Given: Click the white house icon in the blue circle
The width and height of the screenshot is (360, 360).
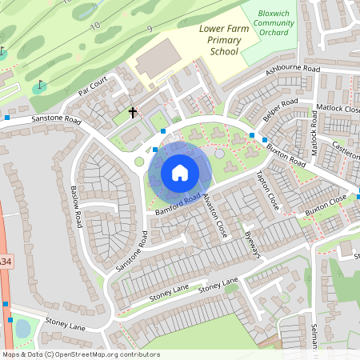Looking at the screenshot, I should coord(180,173).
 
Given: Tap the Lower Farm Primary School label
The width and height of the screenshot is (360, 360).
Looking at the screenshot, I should coord(219,40).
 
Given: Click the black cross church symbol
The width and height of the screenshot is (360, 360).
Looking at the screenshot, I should coord(133,113).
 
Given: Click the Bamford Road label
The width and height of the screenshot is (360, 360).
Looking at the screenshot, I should coord(177,205).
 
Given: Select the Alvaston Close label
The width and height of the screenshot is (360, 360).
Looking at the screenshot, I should coord(216,216).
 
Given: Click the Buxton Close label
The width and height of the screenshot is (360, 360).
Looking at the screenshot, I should coord(326,206).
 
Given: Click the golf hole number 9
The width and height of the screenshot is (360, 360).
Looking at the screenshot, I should coord(149,30).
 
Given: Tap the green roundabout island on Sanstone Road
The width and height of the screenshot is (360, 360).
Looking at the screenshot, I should coord(139,162).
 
